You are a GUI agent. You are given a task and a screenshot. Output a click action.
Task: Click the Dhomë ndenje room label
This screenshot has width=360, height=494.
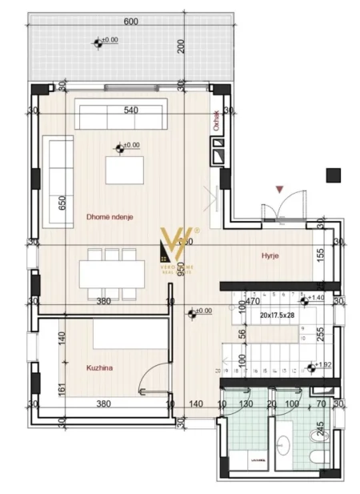tap(110, 216)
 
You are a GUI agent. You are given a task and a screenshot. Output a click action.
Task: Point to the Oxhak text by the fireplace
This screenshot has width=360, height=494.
tap(216, 120)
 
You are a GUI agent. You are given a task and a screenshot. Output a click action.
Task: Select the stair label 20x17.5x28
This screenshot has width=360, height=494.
tap(277, 315)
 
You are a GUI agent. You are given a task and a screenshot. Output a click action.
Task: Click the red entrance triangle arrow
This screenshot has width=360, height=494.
tap(278, 189)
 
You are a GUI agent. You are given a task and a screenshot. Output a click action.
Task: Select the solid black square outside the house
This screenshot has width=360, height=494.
tap(334, 175)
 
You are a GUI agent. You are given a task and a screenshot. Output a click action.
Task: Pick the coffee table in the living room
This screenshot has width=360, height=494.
tap(124, 170)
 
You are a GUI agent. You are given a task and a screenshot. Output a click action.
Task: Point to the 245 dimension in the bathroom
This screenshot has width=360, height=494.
tap(321, 429)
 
